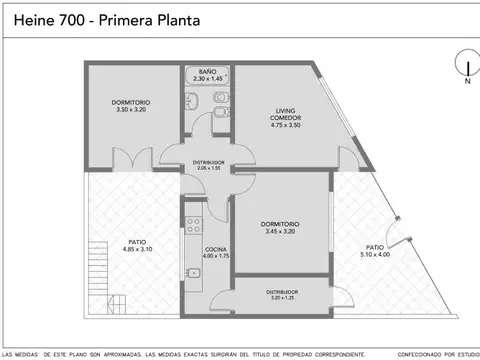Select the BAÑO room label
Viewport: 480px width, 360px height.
click(x=207, y=73)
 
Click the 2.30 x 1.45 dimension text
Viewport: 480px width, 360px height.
click(x=207, y=80)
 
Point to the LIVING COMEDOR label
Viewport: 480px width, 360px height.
click(x=289, y=114)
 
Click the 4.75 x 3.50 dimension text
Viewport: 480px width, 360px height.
click(x=289, y=126)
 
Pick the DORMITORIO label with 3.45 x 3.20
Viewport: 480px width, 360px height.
click(x=282, y=224)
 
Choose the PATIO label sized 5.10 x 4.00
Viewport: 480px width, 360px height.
click(x=375, y=247)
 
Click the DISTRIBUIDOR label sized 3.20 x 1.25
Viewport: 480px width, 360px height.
click(x=282, y=293)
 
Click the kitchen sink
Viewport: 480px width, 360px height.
click(x=191, y=276)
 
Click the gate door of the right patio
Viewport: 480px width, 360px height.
click(x=400, y=232)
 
